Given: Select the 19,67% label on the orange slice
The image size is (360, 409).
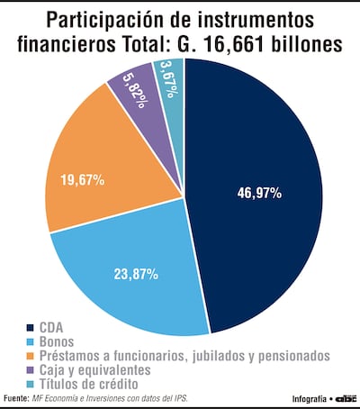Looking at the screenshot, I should (80, 180).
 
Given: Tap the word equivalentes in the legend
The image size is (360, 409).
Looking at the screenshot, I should (116, 370).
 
